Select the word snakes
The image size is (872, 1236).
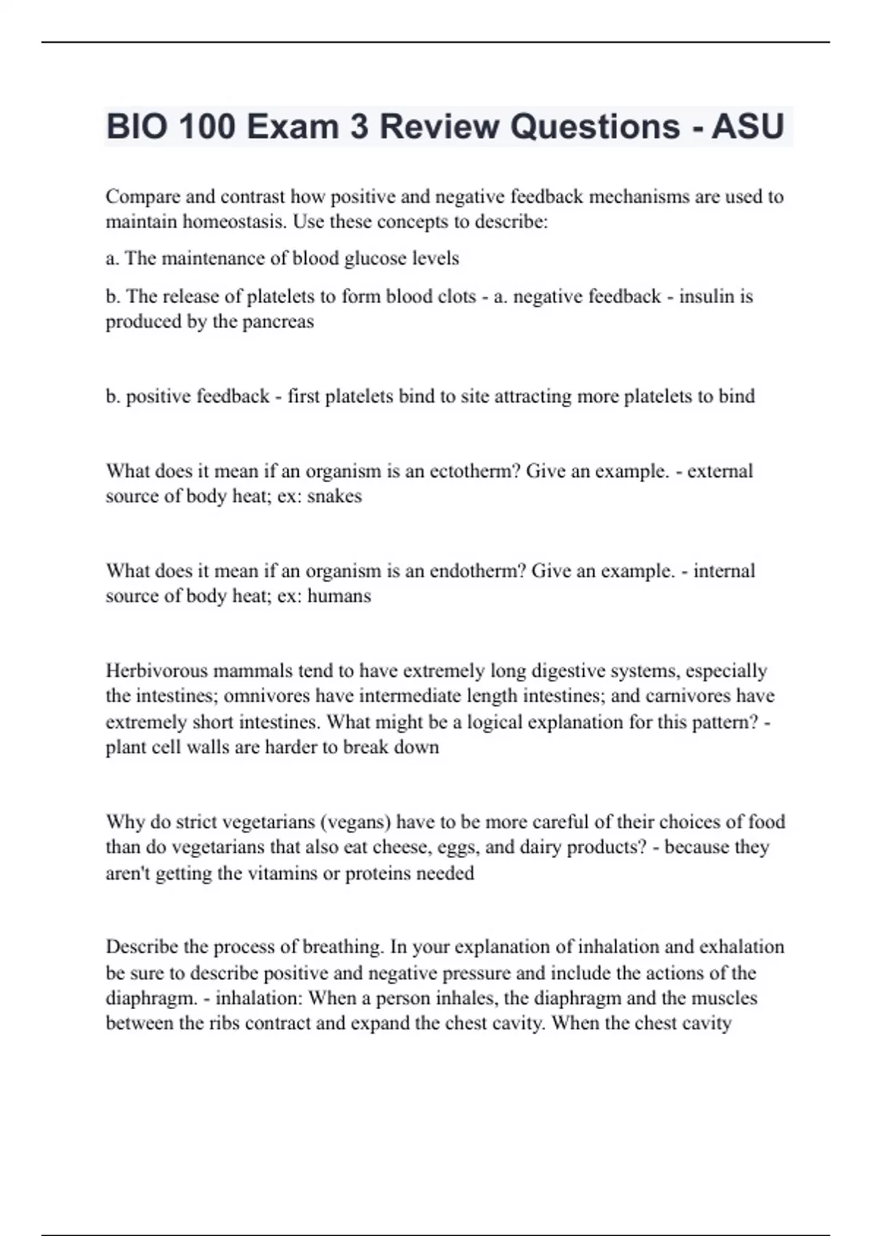pos(334,496)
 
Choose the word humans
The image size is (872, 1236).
pos(339,596)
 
